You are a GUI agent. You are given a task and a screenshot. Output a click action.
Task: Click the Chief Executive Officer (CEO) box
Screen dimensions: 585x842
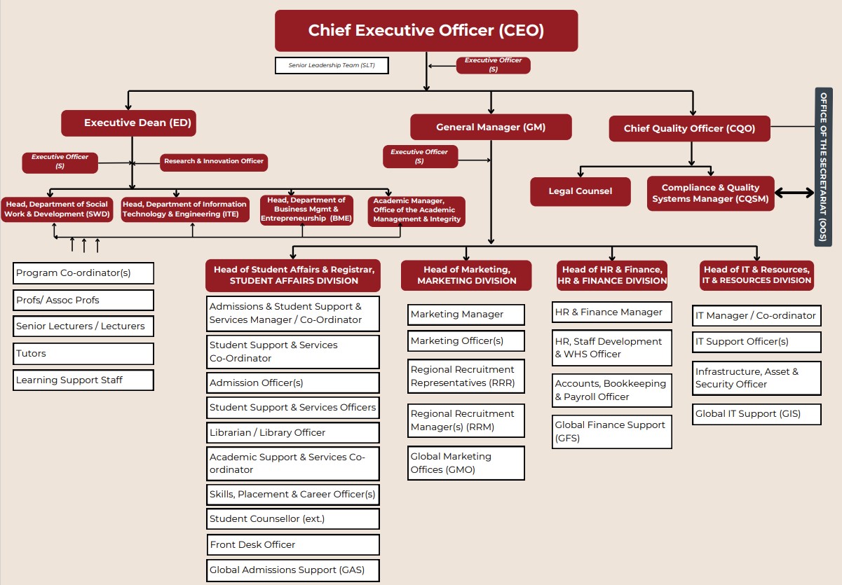426,31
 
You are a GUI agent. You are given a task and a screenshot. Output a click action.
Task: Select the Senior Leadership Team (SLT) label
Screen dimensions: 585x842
332,66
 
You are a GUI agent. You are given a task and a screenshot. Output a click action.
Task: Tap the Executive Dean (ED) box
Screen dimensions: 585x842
128,123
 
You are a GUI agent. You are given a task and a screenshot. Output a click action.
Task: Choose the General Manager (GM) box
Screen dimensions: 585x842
491,127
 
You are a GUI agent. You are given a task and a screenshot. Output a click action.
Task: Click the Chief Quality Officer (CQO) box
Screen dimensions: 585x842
688,128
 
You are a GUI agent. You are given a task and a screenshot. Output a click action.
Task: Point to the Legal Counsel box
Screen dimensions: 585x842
580,191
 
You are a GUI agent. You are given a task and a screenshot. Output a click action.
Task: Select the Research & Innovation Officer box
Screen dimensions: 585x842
214,162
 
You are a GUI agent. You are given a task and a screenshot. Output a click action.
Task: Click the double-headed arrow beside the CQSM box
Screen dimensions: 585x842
794,193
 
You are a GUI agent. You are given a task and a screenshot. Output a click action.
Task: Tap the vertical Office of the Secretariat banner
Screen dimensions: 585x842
823,167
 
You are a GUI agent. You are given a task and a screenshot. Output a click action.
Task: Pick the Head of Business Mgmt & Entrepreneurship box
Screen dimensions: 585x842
306,209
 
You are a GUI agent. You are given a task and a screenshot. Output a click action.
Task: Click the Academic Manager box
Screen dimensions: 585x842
416,210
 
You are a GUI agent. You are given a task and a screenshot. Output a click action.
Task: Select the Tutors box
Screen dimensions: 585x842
83,354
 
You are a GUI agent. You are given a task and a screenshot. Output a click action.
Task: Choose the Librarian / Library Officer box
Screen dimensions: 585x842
293,432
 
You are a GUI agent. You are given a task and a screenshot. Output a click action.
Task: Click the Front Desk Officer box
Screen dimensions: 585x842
293,544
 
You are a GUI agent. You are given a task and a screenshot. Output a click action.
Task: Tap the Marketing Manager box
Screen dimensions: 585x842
466,315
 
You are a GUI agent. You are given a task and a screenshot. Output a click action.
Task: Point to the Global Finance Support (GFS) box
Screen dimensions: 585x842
611,432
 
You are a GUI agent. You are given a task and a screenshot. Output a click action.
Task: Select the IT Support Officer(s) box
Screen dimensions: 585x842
756,342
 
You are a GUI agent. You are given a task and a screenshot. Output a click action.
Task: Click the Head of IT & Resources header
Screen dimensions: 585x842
756,275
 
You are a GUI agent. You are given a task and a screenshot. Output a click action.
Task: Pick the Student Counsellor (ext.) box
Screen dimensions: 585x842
293,519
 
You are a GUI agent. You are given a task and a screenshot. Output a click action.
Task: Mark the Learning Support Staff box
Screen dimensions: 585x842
83,380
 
